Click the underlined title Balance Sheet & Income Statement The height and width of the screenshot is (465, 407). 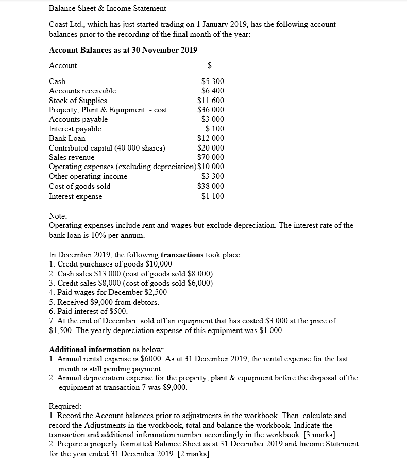(107, 8)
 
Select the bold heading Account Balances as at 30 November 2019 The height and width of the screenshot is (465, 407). (123, 49)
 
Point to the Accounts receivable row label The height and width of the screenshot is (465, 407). (82, 91)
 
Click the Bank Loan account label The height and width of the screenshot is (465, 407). (67, 138)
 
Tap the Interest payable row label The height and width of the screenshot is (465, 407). (75, 129)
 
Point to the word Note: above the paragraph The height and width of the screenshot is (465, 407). (58, 217)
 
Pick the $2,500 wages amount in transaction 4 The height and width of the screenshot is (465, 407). (156, 292)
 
